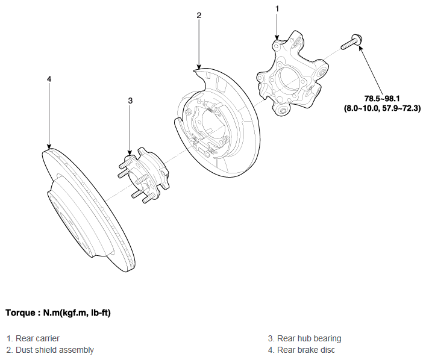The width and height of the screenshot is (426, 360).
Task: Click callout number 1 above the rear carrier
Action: [277, 9]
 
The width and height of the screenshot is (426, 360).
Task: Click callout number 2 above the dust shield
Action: [199, 15]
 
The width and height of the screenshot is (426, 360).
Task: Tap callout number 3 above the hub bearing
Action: [130, 101]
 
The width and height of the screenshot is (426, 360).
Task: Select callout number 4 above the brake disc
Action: [49, 79]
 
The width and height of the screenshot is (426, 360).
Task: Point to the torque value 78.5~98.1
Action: [382, 98]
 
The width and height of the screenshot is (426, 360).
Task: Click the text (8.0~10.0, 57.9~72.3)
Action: [382, 108]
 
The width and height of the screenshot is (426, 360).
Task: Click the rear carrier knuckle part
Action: [292, 74]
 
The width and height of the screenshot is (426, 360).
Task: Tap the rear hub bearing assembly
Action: [143, 175]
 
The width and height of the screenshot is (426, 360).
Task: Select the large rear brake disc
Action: [90, 211]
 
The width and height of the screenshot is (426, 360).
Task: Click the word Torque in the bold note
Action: [20, 313]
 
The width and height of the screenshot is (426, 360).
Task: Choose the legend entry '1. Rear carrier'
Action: [33, 338]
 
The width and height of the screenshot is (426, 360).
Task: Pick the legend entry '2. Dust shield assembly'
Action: [50, 350]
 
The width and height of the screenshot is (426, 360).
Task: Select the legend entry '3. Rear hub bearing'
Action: [304, 338]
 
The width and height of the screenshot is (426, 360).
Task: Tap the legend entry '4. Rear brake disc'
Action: [301, 350]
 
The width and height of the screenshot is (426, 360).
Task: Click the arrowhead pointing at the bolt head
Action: [360, 48]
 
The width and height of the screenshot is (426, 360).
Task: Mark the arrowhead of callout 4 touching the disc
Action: [49, 146]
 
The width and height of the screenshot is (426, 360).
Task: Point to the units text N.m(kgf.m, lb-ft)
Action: [77, 313]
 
